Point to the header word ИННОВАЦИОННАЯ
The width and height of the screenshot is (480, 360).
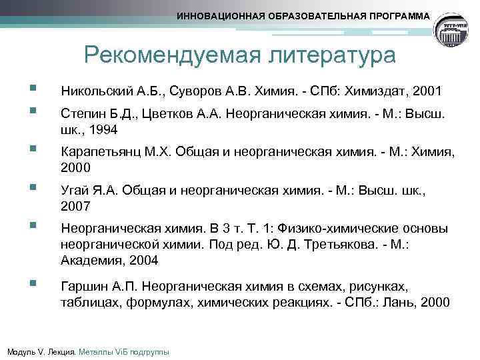click(217, 15)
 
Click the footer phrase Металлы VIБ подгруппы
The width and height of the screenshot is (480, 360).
click(124, 351)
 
